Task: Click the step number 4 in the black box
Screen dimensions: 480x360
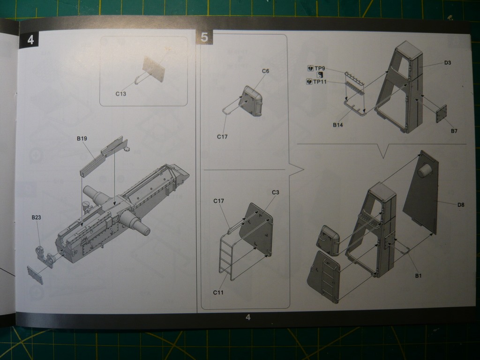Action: click(x=30, y=40)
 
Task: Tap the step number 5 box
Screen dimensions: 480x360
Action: click(x=204, y=37)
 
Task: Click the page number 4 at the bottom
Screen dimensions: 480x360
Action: click(x=248, y=317)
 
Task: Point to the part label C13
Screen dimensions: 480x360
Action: click(x=120, y=94)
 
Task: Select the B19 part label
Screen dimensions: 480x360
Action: click(x=82, y=138)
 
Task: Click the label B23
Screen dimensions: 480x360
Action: click(x=36, y=217)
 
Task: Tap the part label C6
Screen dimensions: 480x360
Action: click(x=265, y=71)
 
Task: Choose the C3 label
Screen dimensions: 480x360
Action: click(x=276, y=192)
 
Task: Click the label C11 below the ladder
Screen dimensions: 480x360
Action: click(x=218, y=292)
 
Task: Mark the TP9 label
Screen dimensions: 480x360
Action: click(x=320, y=68)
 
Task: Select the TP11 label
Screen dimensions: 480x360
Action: click(x=320, y=82)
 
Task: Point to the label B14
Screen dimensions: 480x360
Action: click(x=337, y=125)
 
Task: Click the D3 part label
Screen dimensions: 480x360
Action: click(x=448, y=63)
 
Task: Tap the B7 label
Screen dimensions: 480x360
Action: click(x=454, y=131)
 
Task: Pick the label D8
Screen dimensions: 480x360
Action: click(x=461, y=205)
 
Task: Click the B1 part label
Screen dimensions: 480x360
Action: click(x=418, y=276)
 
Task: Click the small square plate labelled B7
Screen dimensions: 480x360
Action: click(x=441, y=113)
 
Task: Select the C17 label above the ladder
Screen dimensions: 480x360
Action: click(x=218, y=201)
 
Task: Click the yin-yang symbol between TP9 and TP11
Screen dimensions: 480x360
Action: click(x=320, y=75)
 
